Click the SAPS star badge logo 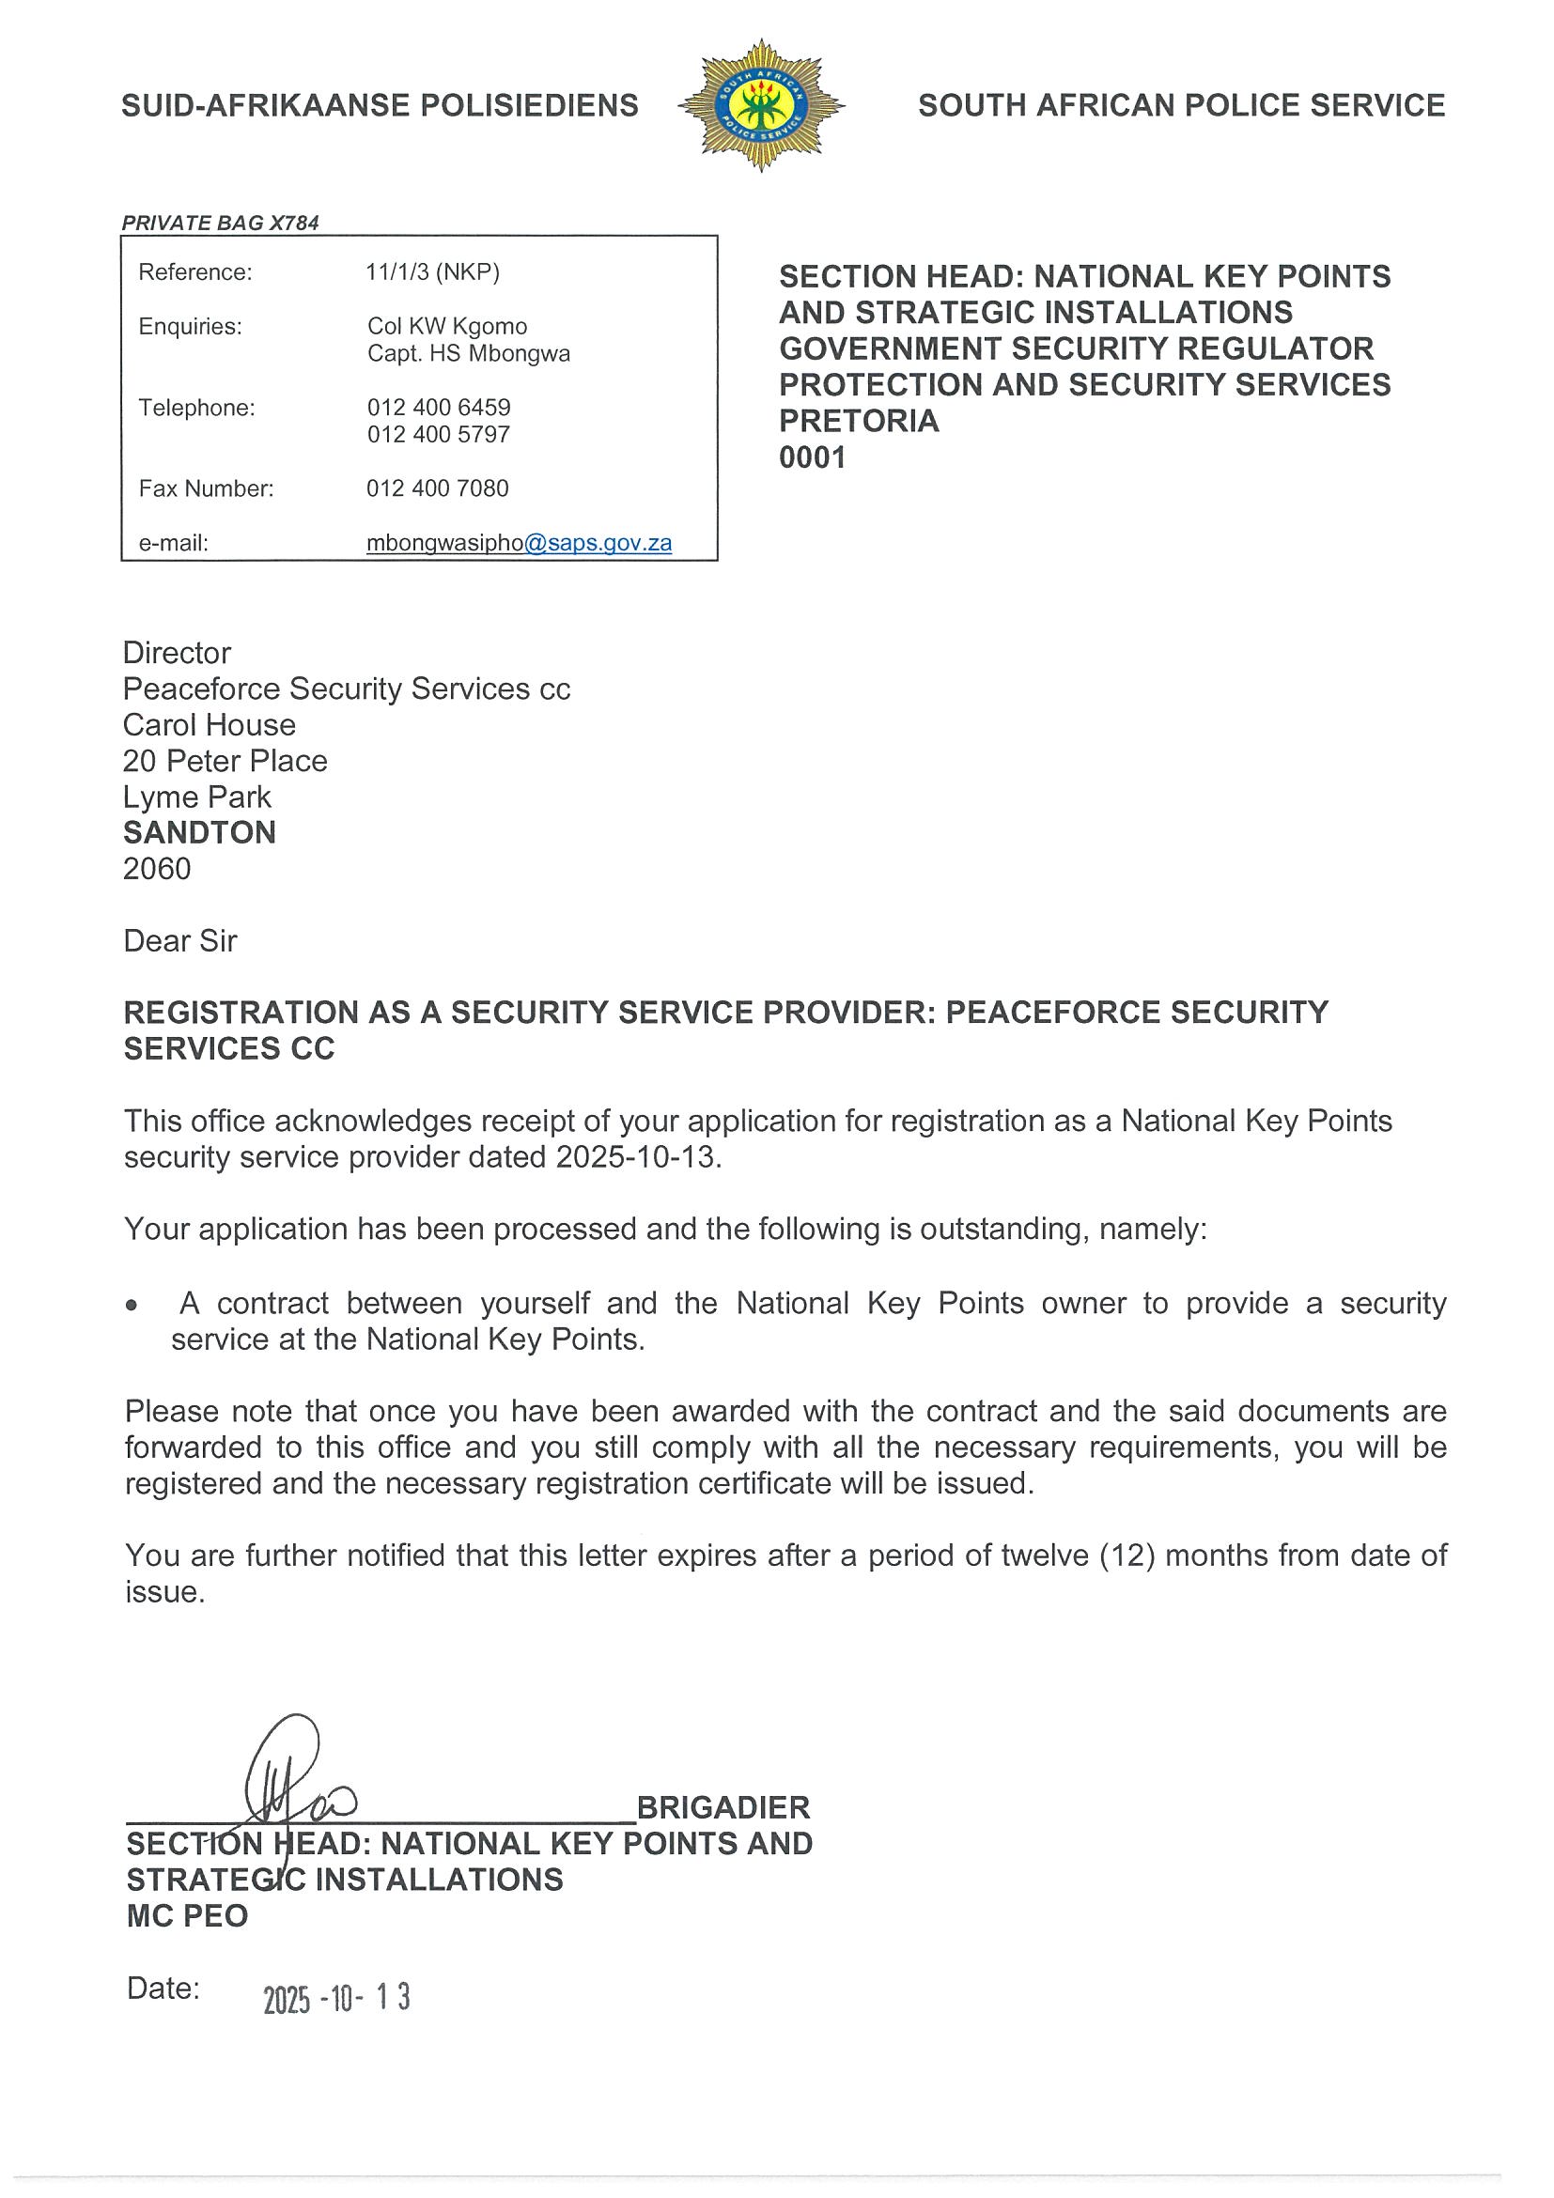pyautogui.click(x=761, y=105)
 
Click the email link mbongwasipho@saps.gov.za pyautogui.click(x=519, y=543)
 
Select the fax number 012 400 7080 pyautogui.click(x=438, y=488)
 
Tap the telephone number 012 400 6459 pyautogui.click(x=439, y=407)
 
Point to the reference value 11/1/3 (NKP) pyautogui.click(x=433, y=271)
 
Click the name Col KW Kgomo pyautogui.click(x=447, y=327)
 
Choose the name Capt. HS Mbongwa pyautogui.click(x=468, y=353)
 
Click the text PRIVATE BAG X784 pyautogui.click(x=220, y=223)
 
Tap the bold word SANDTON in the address pyautogui.click(x=199, y=832)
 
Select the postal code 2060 pyautogui.click(x=157, y=868)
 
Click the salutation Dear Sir pyautogui.click(x=180, y=941)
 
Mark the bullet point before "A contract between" pyautogui.click(x=132, y=1306)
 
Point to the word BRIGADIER pyautogui.click(x=723, y=1807)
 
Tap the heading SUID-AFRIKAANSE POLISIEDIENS pyautogui.click(x=381, y=105)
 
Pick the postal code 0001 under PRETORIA pyautogui.click(x=813, y=457)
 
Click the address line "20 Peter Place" pyautogui.click(x=225, y=761)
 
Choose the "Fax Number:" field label pyautogui.click(x=206, y=488)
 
